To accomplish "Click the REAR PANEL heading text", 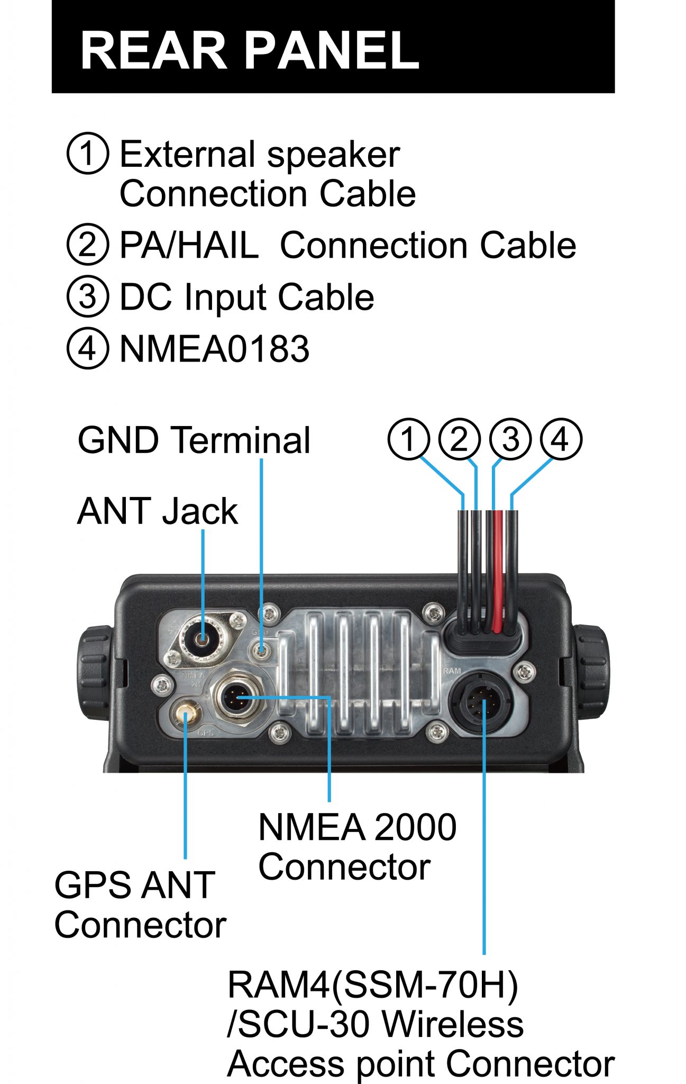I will point(250,50).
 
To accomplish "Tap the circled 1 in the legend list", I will point(88,153).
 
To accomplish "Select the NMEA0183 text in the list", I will point(214,349).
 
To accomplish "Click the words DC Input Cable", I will point(246,297).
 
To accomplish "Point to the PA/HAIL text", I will point(189,246).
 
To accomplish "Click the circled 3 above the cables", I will point(510,439).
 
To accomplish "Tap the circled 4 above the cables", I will point(561,439).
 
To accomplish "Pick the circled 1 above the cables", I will point(408,439).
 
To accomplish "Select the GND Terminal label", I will point(194,440).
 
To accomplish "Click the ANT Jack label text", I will point(158,511).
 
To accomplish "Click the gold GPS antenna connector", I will point(186,715).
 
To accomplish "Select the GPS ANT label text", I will point(135,886).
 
